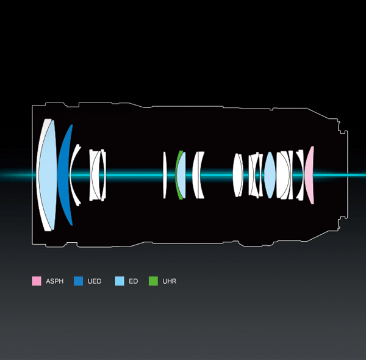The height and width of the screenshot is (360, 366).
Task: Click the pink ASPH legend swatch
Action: (x=37, y=281)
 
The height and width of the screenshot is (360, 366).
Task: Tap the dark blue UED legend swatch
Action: (x=78, y=281)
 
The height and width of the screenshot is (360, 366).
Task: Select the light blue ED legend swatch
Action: (x=120, y=281)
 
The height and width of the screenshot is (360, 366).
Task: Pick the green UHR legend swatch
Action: (x=153, y=281)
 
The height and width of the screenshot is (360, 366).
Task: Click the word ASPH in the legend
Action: (x=55, y=281)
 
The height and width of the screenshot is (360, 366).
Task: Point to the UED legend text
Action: (x=95, y=281)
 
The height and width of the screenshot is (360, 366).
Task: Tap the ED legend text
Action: (x=133, y=281)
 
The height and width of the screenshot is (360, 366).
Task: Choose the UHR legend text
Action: (x=170, y=281)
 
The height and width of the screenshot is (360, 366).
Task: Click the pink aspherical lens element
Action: (x=309, y=175)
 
